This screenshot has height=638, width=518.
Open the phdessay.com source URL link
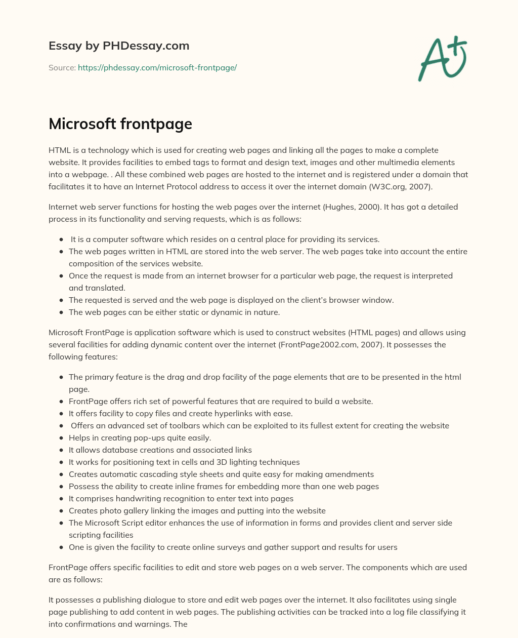(157, 67)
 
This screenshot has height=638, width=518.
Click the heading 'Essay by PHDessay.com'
(119, 46)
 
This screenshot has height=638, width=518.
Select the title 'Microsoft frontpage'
(120, 124)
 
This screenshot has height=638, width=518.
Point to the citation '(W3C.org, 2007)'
(401, 186)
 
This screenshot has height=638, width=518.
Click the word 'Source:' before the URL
(62, 67)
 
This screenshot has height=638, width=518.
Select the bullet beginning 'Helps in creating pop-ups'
(140, 437)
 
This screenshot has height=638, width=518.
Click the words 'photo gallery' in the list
(123, 510)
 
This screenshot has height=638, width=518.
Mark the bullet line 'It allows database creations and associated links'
(160, 450)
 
